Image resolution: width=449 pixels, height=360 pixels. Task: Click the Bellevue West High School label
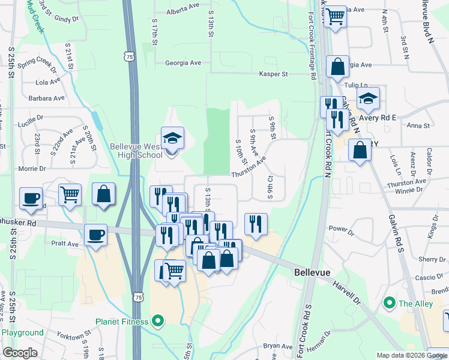pos(136,151)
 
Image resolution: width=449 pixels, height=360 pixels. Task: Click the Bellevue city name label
pos(312,272)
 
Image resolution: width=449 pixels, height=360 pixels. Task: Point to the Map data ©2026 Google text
pos(412,355)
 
